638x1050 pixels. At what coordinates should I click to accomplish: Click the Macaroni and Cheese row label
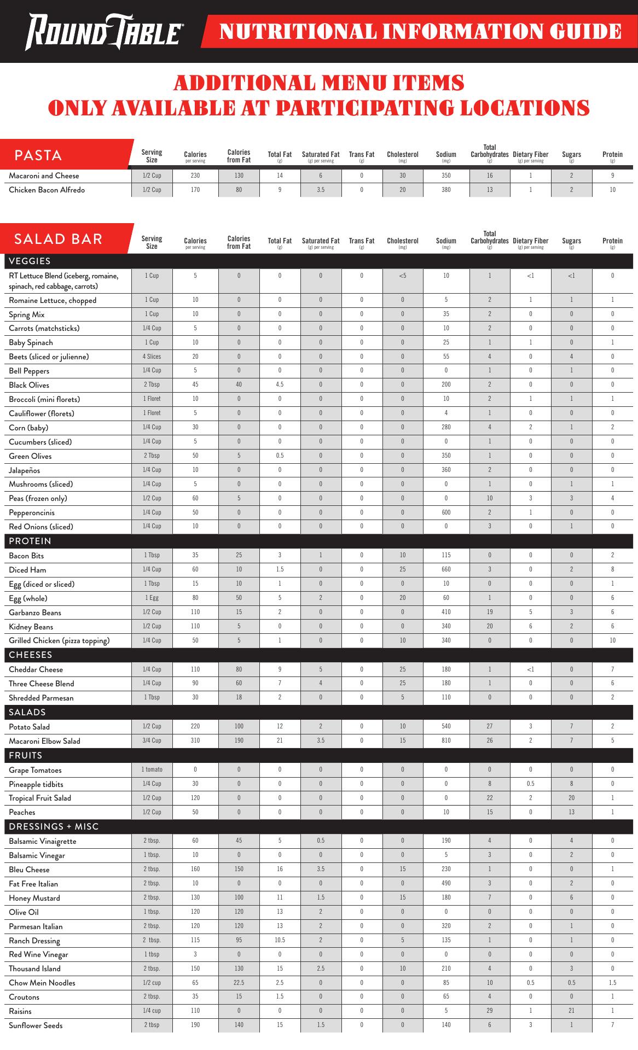[44, 176]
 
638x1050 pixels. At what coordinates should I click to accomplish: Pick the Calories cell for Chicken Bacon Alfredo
[195, 190]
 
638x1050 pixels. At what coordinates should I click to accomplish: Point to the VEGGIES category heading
[30, 261]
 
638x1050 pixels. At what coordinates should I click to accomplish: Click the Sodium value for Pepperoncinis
[446, 512]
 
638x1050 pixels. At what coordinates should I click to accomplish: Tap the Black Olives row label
[29, 385]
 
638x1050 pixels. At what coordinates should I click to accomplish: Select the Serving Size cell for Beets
[152, 357]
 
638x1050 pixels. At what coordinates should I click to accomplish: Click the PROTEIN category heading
[30, 541]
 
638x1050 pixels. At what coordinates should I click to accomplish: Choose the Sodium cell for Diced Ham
[446, 570]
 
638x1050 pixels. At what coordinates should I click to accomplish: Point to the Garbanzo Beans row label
[35, 612]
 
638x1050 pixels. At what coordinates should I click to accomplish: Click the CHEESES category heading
[31, 655]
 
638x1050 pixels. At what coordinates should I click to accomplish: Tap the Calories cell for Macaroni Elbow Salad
[195, 740]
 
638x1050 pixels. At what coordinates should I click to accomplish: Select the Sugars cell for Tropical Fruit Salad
[571, 798]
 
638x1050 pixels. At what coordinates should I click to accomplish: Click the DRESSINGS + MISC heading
[54, 826]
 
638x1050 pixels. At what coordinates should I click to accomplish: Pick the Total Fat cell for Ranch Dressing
[280, 940]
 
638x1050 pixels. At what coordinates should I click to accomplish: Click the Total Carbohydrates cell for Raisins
[490, 1011]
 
